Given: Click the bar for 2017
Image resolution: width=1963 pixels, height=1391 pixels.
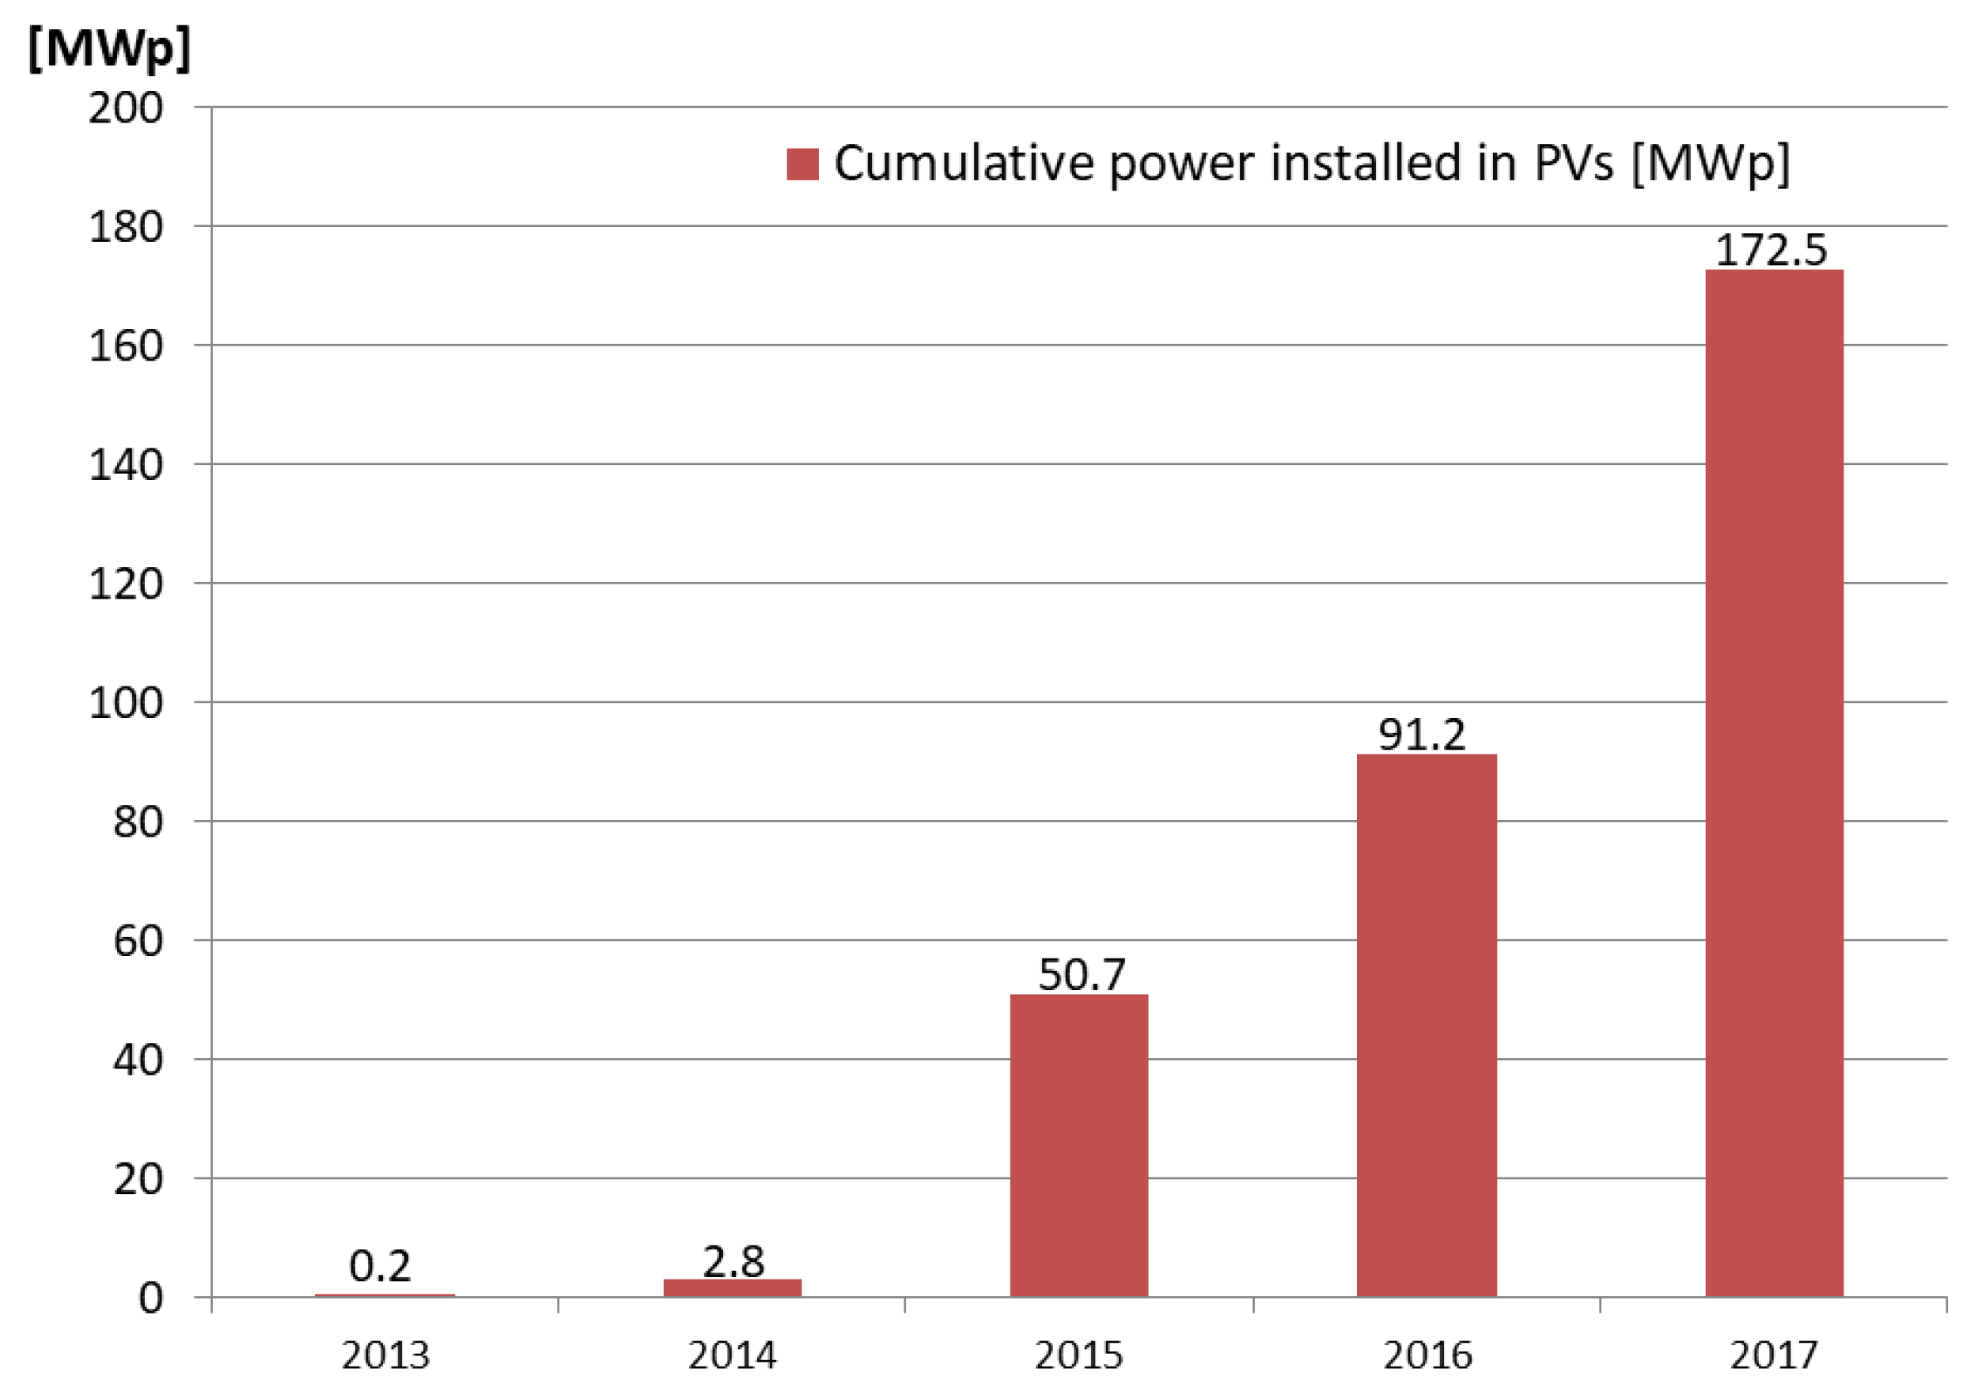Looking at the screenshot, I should [x=1774, y=784].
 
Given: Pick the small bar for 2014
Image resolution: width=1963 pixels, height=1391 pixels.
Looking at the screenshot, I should [x=733, y=1287].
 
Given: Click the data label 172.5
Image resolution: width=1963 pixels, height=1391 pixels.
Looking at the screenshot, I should [x=1771, y=250].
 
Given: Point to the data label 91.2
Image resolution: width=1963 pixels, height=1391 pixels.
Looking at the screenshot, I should [x=1423, y=734].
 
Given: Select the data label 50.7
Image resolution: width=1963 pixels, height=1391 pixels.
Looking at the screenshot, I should [x=1082, y=974].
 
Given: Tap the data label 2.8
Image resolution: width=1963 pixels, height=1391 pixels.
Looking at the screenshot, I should [x=733, y=1261].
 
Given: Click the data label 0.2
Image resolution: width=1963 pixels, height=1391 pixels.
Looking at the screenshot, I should [x=380, y=1266].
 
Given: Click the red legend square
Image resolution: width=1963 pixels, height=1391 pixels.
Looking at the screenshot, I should [x=802, y=164].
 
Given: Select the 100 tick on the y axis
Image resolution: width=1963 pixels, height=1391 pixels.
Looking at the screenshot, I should [x=125, y=703].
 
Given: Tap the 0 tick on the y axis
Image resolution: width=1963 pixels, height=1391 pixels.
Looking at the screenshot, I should [x=150, y=1299].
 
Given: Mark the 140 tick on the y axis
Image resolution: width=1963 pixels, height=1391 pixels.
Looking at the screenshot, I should [x=125, y=465].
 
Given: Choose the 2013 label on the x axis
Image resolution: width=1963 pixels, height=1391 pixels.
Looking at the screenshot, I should [x=385, y=1355].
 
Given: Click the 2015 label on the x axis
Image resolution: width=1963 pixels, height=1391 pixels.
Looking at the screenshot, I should [x=1078, y=1355].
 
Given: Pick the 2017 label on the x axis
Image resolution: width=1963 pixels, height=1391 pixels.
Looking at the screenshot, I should [x=1773, y=1355].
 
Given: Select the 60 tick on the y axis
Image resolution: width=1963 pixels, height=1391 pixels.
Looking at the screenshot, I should [x=137, y=941].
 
